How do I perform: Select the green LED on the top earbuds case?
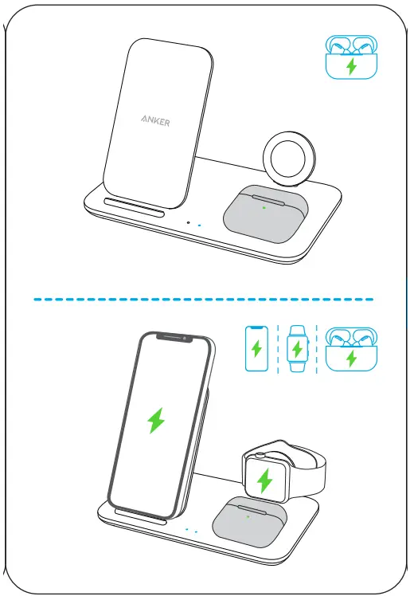point(264,208)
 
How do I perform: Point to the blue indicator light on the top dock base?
point(198,225)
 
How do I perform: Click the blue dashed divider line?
point(204,300)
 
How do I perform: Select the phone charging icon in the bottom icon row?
point(256,348)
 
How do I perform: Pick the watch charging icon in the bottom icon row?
point(297,349)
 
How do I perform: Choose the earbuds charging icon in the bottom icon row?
point(351,349)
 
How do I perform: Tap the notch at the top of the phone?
point(176,338)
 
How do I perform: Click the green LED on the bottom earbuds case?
point(248,516)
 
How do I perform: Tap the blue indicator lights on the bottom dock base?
point(191,530)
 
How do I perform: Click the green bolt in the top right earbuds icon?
point(350,65)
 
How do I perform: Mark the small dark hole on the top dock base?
point(187,223)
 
